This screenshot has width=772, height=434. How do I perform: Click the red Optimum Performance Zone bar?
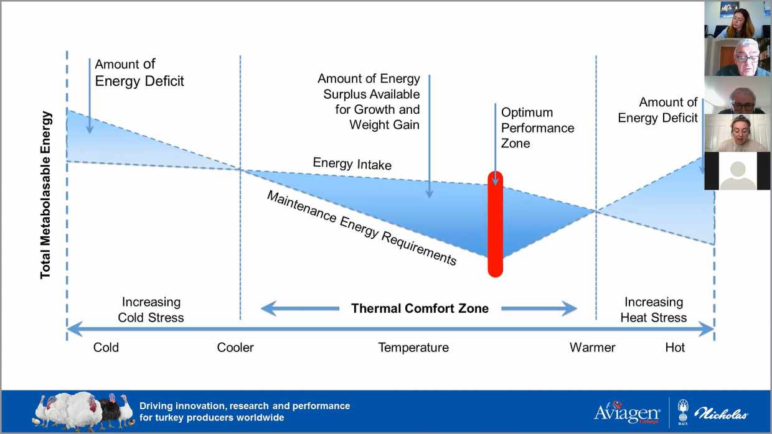click(495, 224)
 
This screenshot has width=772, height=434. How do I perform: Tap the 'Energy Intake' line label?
click(352, 164)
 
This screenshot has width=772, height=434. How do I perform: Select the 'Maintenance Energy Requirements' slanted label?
click(362, 228)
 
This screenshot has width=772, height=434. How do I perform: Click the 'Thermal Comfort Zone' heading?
click(420, 308)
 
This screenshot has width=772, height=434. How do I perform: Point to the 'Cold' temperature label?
click(106, 348)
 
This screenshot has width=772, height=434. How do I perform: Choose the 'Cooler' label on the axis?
click(235, 348)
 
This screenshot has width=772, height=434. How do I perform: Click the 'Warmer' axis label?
click(592, 348)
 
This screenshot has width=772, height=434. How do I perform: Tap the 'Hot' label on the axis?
click(675, 348)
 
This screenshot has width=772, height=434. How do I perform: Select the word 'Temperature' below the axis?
click(413, 348)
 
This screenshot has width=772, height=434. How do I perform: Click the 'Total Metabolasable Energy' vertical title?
click(45, 195)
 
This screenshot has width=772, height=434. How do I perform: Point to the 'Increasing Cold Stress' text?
click(151, 310)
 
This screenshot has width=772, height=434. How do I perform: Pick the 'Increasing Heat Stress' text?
click(654, 310)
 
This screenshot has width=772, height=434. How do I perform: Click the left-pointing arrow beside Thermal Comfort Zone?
click(300, 308)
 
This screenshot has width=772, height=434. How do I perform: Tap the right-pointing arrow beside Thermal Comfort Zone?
click(539, 308)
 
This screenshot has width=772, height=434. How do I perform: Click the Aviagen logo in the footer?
click(627, 412)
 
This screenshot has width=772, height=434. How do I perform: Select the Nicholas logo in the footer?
click(721, 413)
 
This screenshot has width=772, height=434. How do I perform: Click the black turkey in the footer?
click(111, 410)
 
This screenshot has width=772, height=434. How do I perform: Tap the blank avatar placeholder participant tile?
click(737, 171)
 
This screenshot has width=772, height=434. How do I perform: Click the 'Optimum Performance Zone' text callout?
click(537, 127)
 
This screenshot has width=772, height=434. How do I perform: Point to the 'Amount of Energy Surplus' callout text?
click(369, 101)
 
